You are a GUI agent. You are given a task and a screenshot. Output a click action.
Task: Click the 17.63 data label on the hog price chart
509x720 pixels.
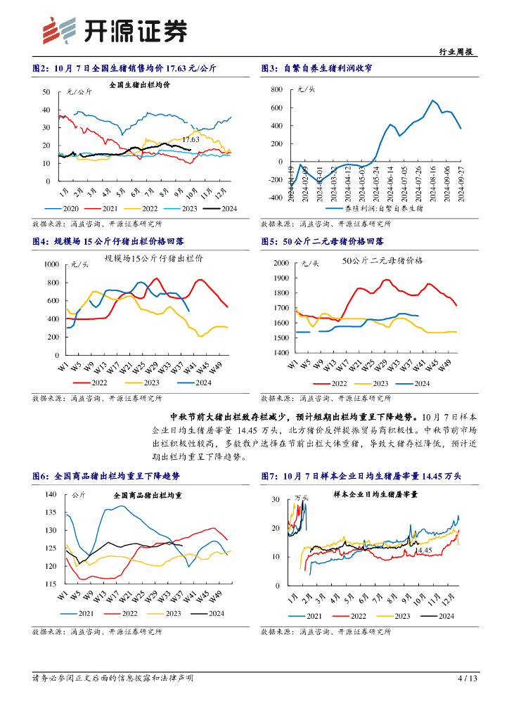point(190,140)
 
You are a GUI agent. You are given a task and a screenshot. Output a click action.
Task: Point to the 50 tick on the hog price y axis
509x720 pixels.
point(46,92)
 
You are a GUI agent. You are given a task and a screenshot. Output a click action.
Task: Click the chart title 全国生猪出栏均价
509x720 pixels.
point(139,86)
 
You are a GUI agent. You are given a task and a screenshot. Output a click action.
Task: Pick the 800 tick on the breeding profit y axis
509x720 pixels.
point(276,90)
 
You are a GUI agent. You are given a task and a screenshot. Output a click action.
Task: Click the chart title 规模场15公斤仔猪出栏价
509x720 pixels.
point(153,258)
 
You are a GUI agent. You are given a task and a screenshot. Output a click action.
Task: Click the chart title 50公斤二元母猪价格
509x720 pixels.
point(382,260)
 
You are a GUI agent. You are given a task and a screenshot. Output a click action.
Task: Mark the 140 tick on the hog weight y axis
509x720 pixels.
point(51,494)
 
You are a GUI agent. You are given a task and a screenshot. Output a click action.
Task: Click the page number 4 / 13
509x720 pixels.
point(468,679)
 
